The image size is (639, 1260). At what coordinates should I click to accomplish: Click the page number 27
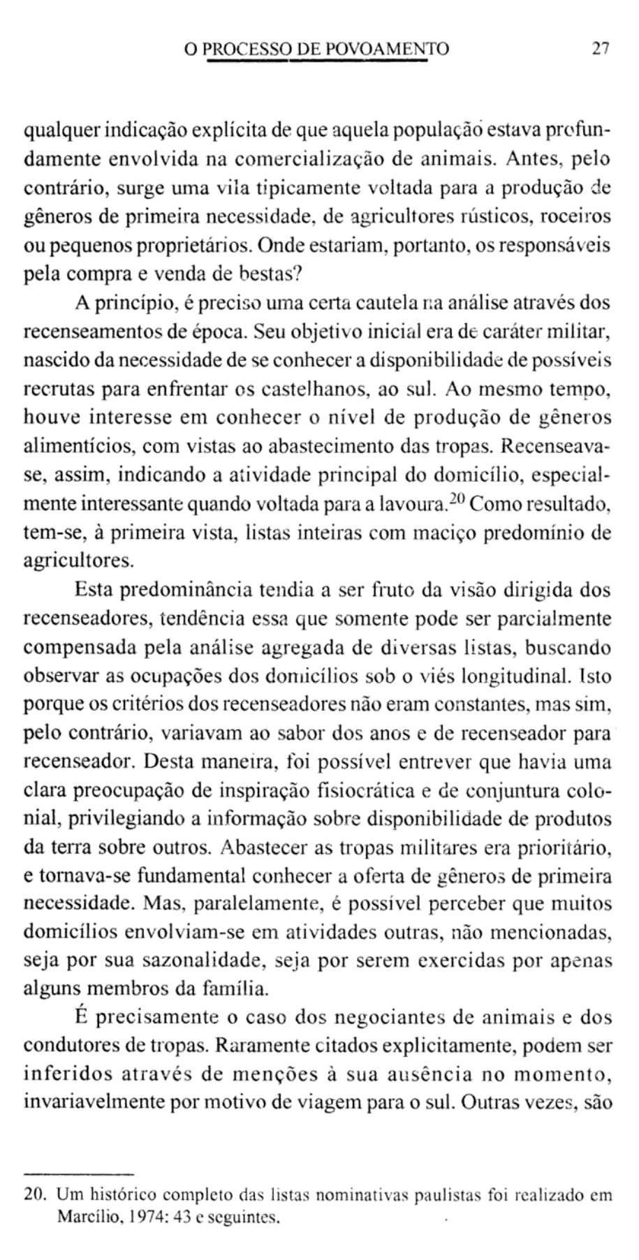coord(600,49)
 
